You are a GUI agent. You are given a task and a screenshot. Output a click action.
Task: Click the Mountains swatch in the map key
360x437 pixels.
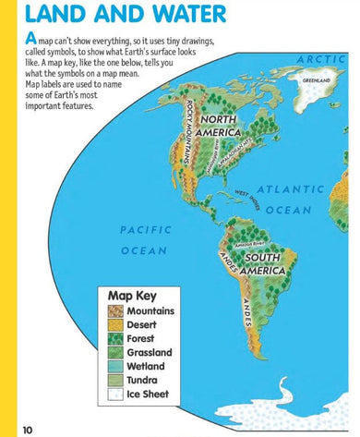pyautogui.click(x=114, y=311)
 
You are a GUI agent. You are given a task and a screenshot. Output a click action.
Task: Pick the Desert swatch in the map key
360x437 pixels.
pyautogui.click(x=114, y=325)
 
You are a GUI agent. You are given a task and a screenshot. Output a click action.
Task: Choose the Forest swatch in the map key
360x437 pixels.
pyautogui.click(x=114, y=339)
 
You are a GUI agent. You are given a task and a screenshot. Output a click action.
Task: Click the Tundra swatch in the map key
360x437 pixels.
pyautogui.click(x=114, y=380)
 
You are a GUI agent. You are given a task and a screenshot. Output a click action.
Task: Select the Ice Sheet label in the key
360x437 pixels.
pyautogui.click(x=149, y=394)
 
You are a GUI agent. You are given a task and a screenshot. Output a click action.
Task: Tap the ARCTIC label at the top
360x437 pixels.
pyautogui.click(x=325, y=59)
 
